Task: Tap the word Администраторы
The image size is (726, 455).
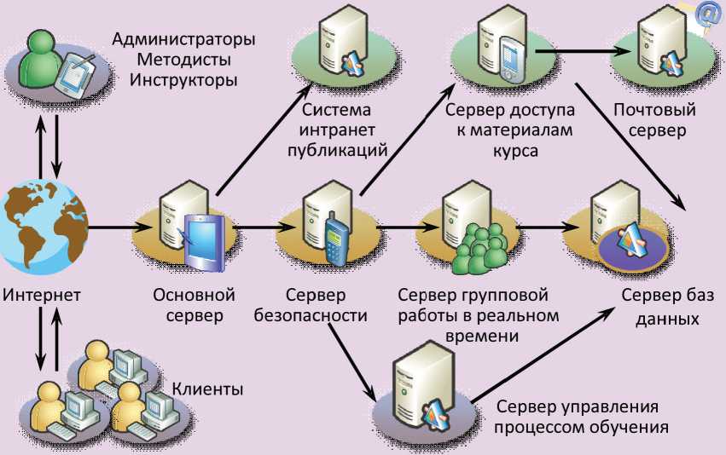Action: [184, 39]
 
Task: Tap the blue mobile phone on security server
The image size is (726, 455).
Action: [334, 240]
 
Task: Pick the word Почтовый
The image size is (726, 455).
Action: [655, 111]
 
